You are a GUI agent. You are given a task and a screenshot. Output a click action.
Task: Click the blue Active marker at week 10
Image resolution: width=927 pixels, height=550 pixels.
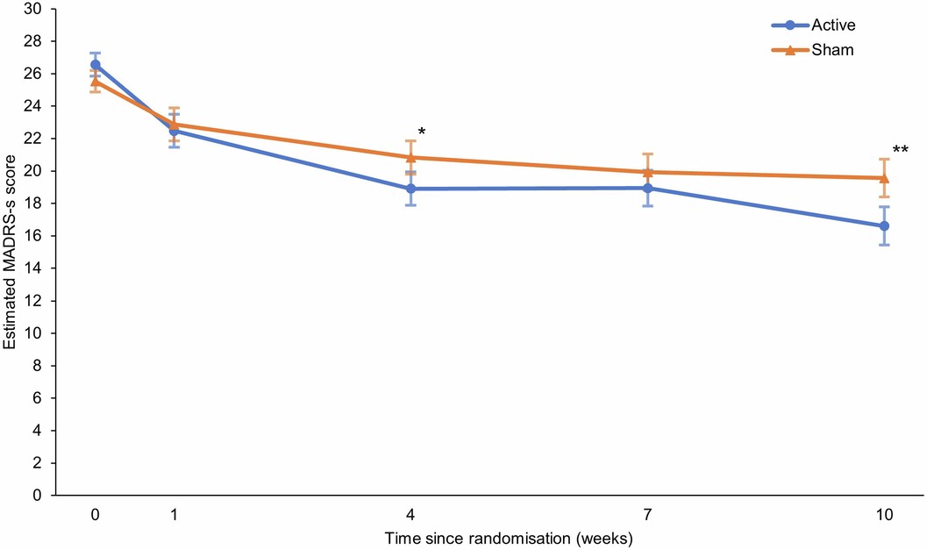click(885, 225)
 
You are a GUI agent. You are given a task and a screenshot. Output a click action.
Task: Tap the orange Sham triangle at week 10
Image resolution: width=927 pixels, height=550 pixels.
click(885, 177)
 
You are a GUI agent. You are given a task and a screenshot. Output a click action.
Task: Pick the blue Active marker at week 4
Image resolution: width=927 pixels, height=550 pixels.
click(410, 189)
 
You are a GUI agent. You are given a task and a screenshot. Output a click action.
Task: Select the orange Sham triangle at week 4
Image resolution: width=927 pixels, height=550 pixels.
click(410, 157)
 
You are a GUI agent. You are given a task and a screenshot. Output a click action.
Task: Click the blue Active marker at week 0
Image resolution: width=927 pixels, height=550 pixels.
click(95, 64)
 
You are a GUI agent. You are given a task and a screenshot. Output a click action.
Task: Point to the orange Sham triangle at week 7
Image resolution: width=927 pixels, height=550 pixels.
click(647, 172)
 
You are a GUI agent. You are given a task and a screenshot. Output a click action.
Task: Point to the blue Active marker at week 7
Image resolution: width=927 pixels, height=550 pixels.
click(647, 188)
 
